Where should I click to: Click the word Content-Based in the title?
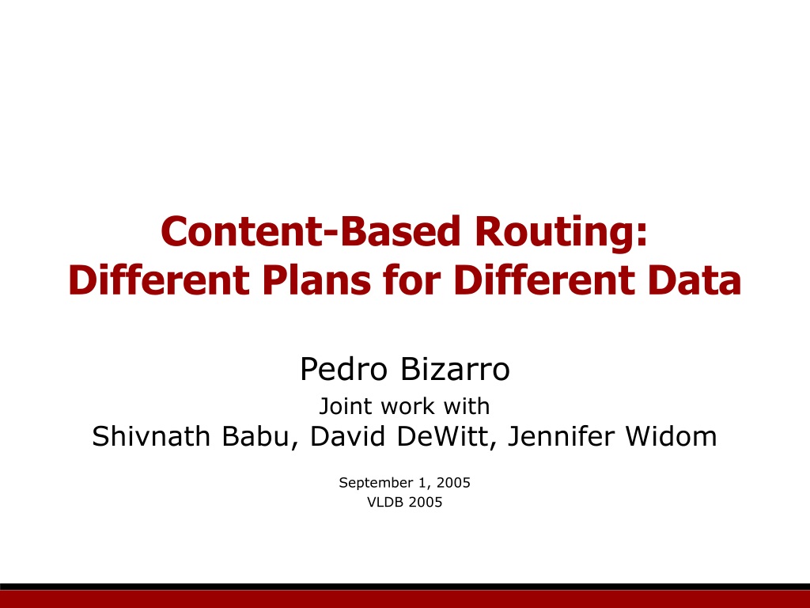tap(310, 231)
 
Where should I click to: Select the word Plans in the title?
tap(316, 279)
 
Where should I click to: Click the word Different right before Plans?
tap(158, 279)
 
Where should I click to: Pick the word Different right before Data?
tap(544, 279)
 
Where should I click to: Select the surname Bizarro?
tap(455, 369)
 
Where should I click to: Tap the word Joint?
tap(345, 406)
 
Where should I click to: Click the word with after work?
tap(467, 406)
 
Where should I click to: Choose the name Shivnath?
tap(151, 436)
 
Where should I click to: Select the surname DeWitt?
tap(446, 437)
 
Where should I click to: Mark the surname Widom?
tap(672, 436)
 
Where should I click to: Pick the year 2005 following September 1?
tap(453, 482)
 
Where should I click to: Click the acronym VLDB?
tap(385, 502)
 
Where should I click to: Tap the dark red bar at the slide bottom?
tap(405, 599)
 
